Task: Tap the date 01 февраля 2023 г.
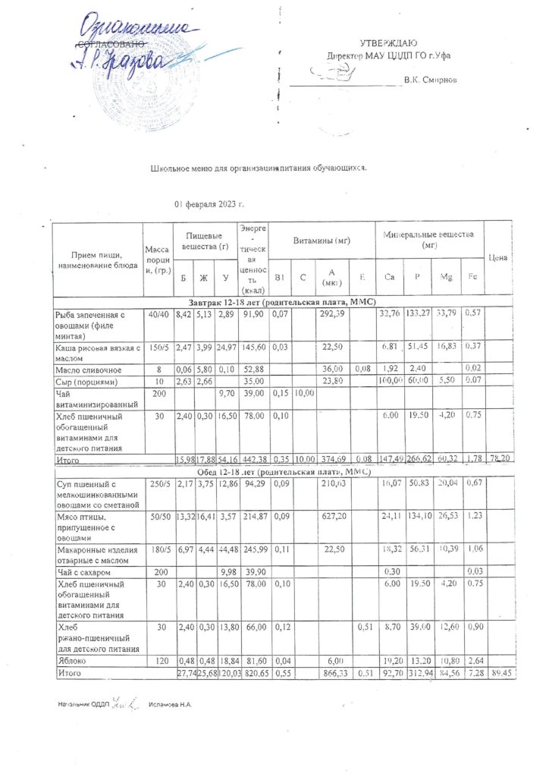(209, 205)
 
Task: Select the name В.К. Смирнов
(430, 79)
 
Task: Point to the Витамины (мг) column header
(322, 241)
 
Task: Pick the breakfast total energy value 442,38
(253, 460)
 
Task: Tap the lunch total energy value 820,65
(253, 672)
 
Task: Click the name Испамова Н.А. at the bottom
(170, 705)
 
